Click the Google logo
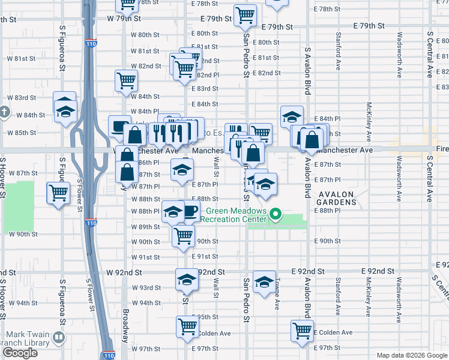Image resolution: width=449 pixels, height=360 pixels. (20, 353)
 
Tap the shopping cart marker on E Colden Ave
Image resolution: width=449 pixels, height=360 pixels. (302, 329)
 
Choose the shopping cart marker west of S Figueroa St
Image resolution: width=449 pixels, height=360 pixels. (58, 193)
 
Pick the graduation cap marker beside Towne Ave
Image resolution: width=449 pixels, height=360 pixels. (264, 281)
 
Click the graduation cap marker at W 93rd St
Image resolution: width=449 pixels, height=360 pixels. (187, 279)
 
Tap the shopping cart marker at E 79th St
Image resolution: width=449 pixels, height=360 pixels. (245, 15)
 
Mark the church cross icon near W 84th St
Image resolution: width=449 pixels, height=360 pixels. (4, 112)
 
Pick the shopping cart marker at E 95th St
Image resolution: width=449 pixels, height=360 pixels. (187, 326)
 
